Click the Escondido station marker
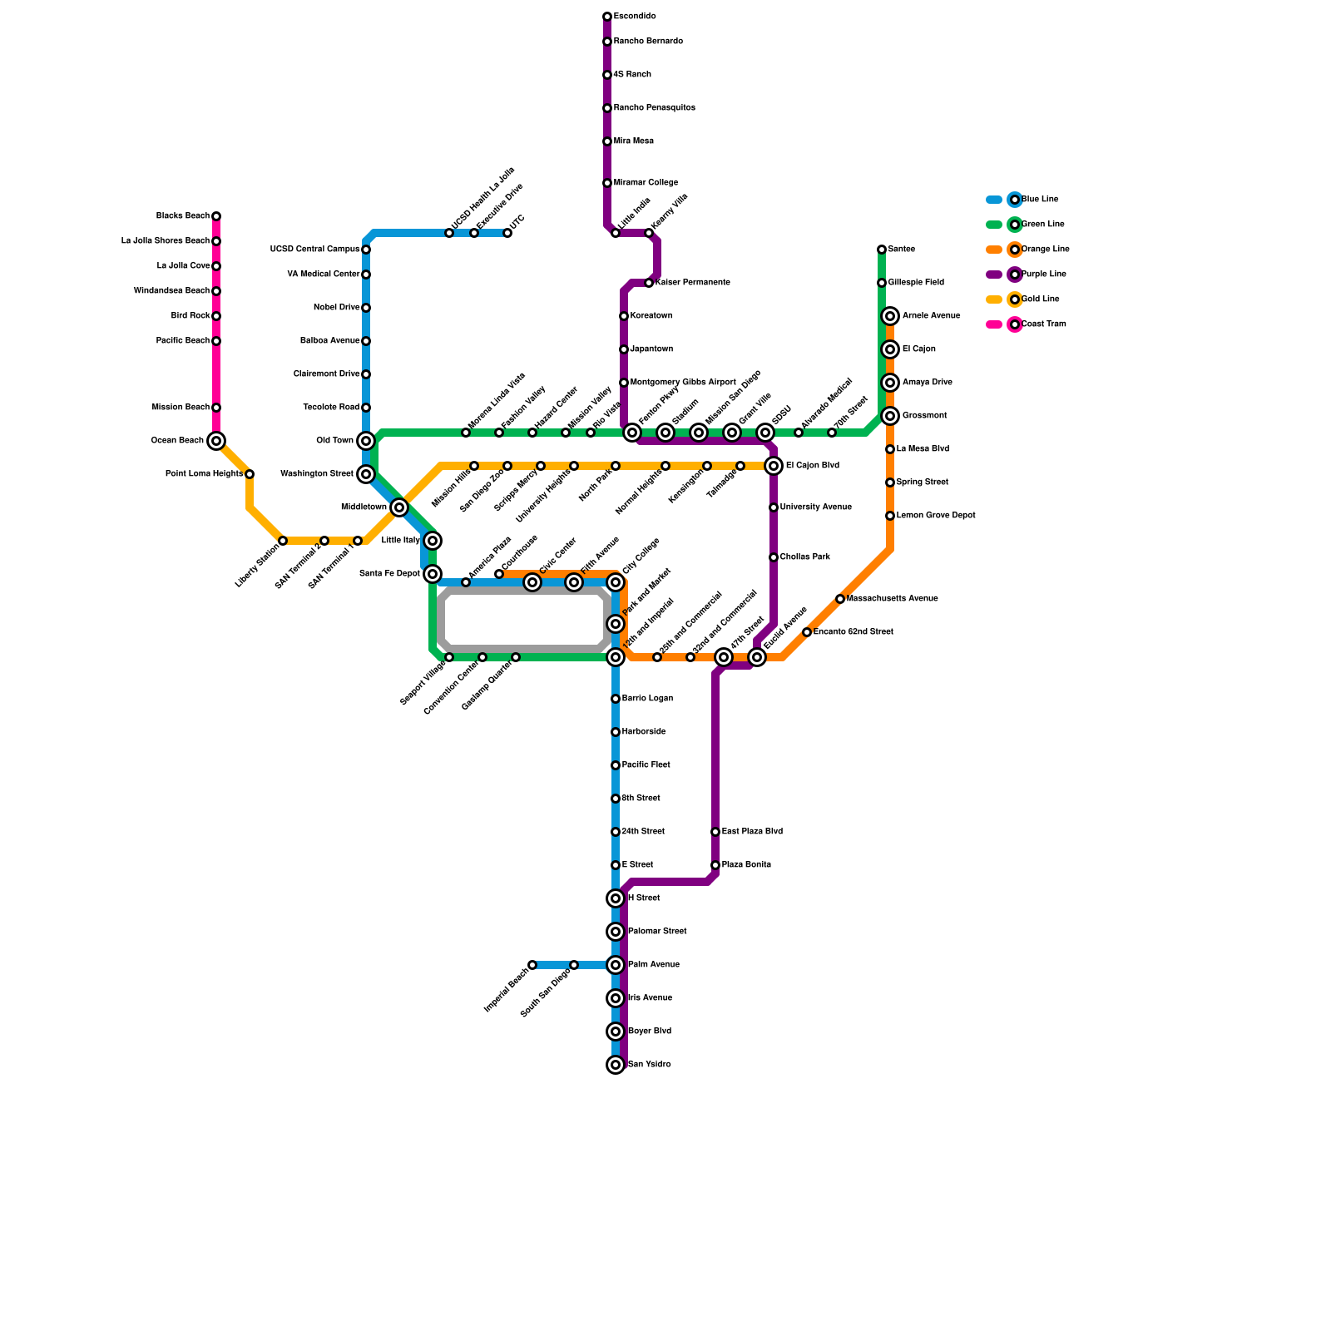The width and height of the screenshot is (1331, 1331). [607, 17]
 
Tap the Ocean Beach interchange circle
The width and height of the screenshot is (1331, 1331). [216, 441]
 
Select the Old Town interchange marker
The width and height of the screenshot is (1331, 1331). [366, 441]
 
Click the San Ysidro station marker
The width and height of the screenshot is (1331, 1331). [616, 1065]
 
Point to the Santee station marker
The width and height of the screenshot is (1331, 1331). [882, 250]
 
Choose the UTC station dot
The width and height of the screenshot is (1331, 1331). [507, 233]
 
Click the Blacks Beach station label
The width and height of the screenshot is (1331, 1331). [183, 216]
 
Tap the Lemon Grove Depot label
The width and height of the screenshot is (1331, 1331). [936, 516]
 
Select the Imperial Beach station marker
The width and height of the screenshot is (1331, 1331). [532, 965]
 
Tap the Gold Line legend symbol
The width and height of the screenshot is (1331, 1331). [1015, 299]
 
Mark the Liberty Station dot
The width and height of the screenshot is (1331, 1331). [283, 541]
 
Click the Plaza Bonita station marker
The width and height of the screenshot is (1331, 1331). [715, 865]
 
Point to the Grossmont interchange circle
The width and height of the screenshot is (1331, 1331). [890, 416]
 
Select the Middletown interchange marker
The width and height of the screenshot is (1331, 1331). [399, 507]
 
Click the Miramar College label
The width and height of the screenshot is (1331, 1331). [646, 183]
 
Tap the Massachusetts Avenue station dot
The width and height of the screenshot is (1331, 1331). [840, 599]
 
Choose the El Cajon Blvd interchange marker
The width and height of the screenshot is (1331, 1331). [774, 466]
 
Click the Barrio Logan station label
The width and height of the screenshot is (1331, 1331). [647, 699]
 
